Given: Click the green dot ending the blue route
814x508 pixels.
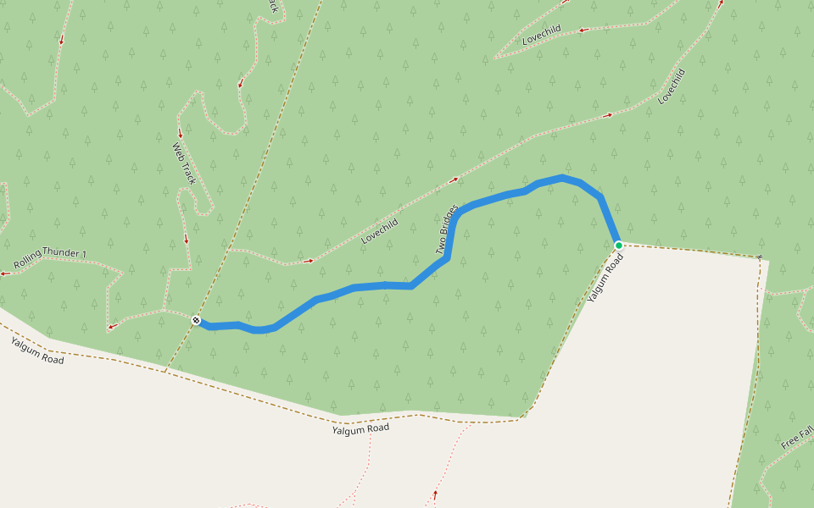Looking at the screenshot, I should tap(618, 246).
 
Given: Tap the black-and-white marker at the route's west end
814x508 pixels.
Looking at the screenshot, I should tap(196, 320).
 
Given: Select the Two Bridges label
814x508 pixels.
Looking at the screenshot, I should tap(447, 229).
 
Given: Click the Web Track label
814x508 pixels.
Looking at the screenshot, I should tap(184, 163).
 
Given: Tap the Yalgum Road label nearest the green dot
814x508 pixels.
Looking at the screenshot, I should tap(605, 279).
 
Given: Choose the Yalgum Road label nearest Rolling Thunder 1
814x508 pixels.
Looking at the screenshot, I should tap(37, 350).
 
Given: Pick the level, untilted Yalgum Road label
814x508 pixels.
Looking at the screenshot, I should tap(360, 428).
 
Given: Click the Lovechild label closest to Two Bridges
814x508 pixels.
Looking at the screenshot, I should tap(379, 231).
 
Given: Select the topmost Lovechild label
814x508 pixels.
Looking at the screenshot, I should tap(542, 36).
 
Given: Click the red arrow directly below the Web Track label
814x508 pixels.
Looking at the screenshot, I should tap(187, 240).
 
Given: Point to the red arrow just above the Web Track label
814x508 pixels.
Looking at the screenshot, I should tap(180, 133).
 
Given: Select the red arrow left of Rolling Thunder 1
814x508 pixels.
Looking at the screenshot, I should tap(5, 273).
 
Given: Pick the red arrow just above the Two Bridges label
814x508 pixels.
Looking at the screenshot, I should tap(454, 179).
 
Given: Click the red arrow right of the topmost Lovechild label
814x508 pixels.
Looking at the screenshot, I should tap(583, 30).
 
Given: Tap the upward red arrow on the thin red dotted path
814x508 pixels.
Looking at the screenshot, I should tap(436, 492).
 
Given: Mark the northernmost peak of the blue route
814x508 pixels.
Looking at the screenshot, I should tap(561, 177).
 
